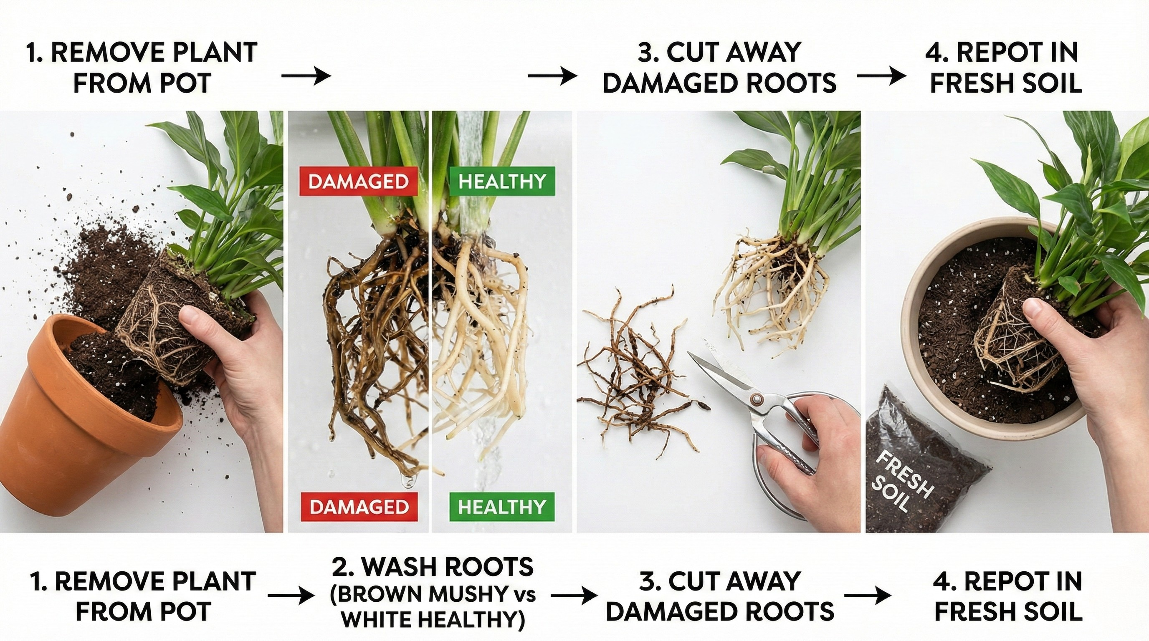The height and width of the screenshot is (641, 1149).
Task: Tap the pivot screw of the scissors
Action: click(756, 398)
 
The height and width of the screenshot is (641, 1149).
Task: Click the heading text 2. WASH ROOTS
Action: click(433, 567)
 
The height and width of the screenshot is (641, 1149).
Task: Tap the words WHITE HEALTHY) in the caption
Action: click(432, 621)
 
